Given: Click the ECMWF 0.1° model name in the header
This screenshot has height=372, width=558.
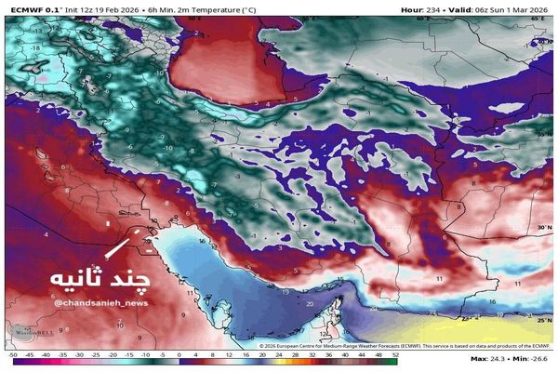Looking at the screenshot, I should (x=33, y=8).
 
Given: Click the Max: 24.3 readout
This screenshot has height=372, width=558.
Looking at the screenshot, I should (x=491, y=358).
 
